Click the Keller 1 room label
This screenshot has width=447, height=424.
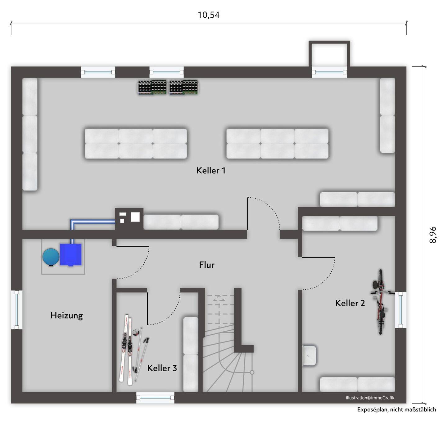coord(211,170)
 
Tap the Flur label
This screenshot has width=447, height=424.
coord(207,265)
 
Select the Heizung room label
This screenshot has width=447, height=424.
coord(67,316)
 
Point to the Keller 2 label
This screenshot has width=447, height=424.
coord(350,303)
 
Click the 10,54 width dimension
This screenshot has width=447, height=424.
coord(209,15)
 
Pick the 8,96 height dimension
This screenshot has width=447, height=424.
coord(432,235)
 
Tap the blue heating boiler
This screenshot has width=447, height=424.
coord(71,255)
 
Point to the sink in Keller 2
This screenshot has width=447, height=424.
coord(309,355)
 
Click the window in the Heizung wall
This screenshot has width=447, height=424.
coord(17,310)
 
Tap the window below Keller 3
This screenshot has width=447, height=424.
coord(155,398)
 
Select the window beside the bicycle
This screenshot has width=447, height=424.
coord(401,310)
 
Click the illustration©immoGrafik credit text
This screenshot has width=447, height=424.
coord(370,398)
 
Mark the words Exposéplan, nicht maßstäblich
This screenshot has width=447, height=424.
coord(396,409)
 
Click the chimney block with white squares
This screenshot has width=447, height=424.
coord(129,219)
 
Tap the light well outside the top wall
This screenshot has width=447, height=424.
coord(329,54)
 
